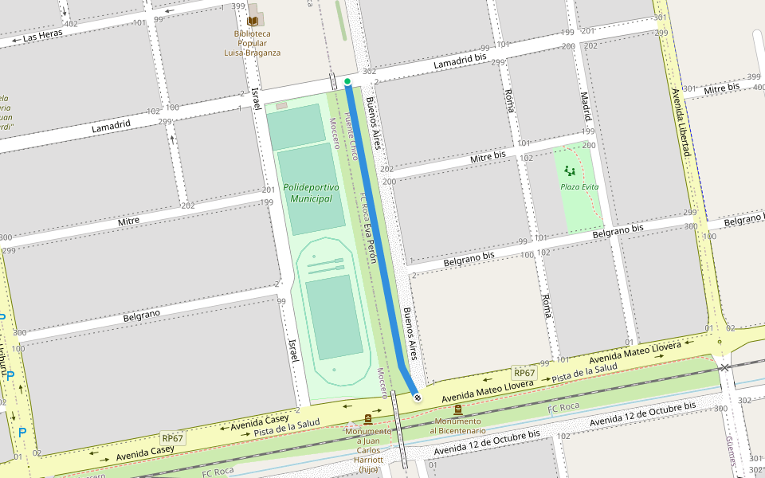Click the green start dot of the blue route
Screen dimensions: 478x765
[x=347, y=81]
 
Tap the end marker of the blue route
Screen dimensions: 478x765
[x=417, y=395]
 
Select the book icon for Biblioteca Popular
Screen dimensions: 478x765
[x=253, y=20]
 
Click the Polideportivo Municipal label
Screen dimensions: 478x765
[x=311, y=193]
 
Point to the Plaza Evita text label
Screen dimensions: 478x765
[x=579, y=186]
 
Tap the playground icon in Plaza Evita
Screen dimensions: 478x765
[x=569, y=170]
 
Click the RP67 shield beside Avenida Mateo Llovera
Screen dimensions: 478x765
[x=524, y=373]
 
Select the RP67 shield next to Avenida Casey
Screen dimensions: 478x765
[x=172, y=438]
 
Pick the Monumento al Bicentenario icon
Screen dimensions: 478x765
[x=457, y=409]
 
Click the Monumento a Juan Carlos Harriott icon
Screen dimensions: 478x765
[x=367, y=418]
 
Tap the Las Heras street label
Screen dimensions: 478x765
[x=42, y=37]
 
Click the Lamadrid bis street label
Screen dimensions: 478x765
[x=460, y=63]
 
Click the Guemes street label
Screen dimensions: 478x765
[x=731, y=451]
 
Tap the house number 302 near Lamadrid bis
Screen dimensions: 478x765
[x=369, y=72]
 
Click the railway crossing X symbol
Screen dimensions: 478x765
[x=724, y=367]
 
